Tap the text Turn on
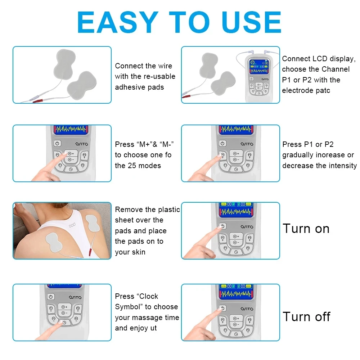coord(306,229)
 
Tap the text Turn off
coord(306,317)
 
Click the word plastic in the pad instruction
coord(168,210)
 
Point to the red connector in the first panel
coord(40,102)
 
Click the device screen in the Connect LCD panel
coord(259,67)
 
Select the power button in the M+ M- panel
coord(57,143)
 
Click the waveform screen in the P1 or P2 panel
coord(236,129)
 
